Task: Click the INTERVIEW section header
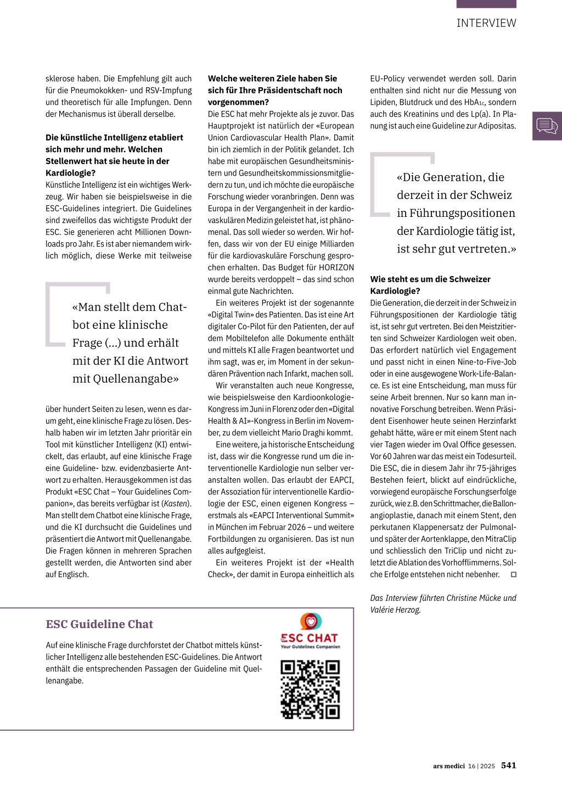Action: [x=486, y=23]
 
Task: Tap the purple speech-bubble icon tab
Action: [x=547, y=126]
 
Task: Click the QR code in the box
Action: [x=310, y=690]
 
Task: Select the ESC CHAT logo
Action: [x=310, y=632]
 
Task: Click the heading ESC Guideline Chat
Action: [x=99, y=624]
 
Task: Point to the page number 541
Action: [x=508, y=765]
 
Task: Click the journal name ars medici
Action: [x=448, y=766]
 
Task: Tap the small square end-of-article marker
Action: [x=514, y=575]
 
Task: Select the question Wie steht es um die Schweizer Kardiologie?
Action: [x=430, y=285]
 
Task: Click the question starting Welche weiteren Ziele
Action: [x=275, y=90]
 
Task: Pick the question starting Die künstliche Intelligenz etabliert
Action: [x=114, y=155]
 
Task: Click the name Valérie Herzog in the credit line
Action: [x=395, y=610]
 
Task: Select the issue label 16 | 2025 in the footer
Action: [x=481, y=766]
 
